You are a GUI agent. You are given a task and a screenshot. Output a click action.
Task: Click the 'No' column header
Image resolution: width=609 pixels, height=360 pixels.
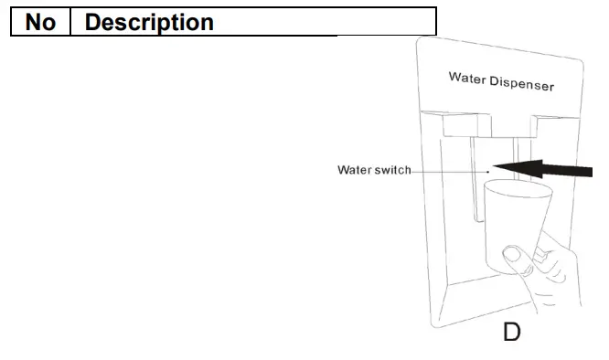pos(40,22)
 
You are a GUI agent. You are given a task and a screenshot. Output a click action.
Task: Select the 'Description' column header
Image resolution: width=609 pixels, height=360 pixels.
pos(148,22)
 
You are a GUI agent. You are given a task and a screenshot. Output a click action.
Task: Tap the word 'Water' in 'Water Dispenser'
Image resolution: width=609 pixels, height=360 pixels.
pos(468,77)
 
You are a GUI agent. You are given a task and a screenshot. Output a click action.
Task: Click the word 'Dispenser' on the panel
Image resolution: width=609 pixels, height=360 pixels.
pos(522,82)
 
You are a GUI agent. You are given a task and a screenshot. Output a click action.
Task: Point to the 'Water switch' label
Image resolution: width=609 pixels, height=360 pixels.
pos(374,170)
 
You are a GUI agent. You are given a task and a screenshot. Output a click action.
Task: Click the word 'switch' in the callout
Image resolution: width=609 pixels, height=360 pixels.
pos(392,170)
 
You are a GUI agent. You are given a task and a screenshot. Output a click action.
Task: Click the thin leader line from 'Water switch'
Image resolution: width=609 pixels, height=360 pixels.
pos(448,170)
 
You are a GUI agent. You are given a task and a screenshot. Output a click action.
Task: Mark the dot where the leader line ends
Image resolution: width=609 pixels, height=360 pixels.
pos(488,169)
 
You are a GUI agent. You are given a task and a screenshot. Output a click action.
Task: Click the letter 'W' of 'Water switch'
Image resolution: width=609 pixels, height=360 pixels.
pos(343,170)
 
